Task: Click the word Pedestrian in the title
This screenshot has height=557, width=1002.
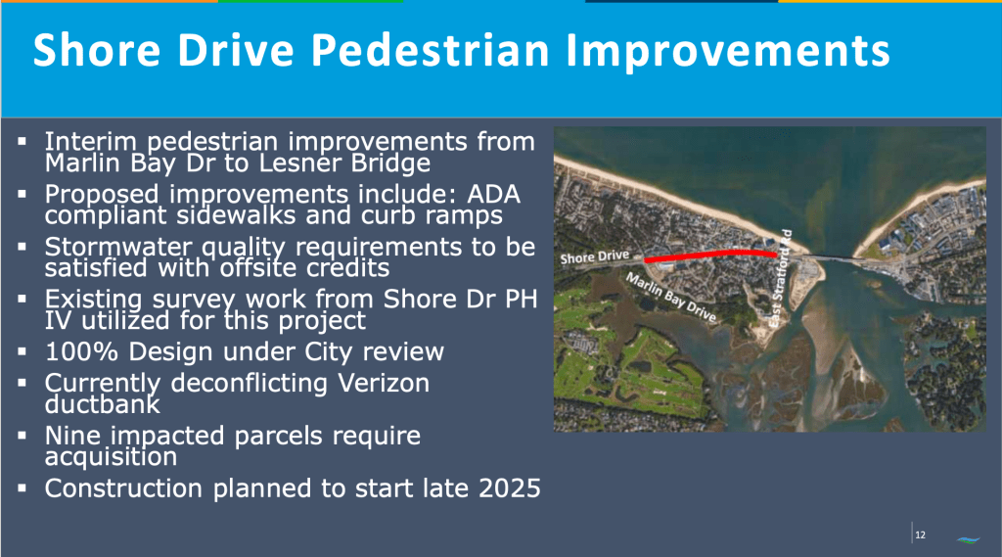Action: tap(431, 50)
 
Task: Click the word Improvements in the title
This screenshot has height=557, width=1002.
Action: tap(728, 51)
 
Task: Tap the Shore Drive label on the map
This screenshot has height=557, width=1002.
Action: tap(595, 257)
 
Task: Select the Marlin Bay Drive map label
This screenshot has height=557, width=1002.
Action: tap(671, 297)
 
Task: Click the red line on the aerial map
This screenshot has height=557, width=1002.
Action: tap(710, 255)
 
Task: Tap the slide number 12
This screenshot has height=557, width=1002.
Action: tap(920, 534)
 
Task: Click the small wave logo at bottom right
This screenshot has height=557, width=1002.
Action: tap(968, 539)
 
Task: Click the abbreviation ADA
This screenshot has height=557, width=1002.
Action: tap(493, 195)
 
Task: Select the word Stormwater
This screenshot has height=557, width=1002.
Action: tap(118, 248)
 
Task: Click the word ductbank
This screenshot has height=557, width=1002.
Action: tap(102, 404)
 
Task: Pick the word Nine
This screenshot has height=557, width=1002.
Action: tap(72, 437)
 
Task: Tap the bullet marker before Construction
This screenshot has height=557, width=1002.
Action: tap(23, 488)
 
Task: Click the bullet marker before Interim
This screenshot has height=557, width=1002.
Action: tap(23, 141)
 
